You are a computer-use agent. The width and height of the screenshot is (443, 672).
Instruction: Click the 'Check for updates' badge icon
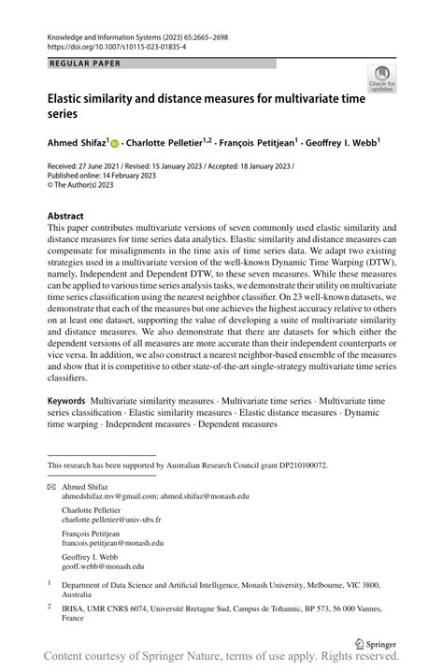[x=382, y=79]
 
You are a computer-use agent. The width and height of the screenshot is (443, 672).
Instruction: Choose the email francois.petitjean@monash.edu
[x=112, y=542]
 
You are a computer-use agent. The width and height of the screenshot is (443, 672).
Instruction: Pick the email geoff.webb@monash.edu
[x=103, y=565]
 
